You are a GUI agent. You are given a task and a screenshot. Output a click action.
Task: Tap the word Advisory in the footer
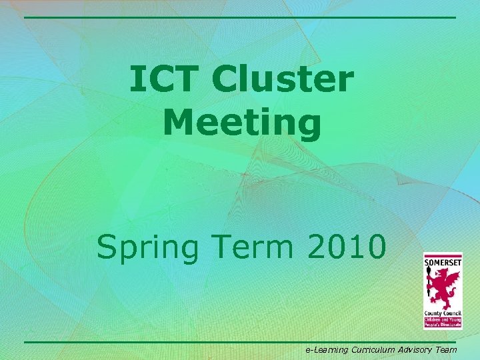[416, 349]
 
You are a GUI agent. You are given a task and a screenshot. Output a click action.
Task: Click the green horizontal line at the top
[240, 17]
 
